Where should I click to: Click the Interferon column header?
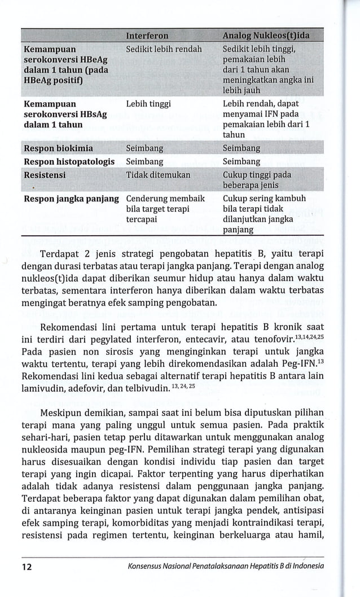(147, 36)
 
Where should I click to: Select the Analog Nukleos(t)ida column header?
(266, 36)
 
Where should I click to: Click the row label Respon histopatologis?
(69, 161)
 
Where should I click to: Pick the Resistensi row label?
(45, 175)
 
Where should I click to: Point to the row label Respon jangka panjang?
(71, 199)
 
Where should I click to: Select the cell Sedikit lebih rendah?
(164, 49)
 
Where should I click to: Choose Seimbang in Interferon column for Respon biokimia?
(145, 148)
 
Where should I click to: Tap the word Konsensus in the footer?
(147, 566)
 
